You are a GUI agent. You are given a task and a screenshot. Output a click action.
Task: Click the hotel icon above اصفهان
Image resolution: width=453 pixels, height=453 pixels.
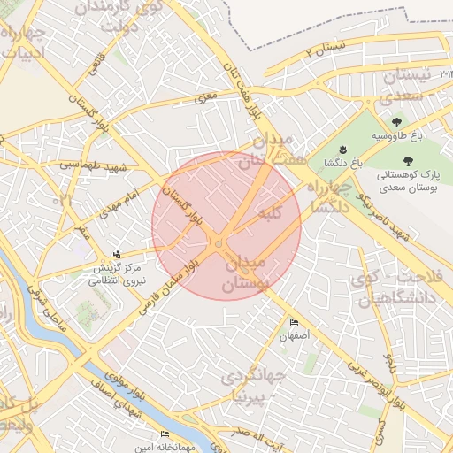coord(294,322)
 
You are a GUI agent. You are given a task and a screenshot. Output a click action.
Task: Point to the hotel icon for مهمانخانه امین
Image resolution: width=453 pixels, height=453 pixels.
coord(165,434)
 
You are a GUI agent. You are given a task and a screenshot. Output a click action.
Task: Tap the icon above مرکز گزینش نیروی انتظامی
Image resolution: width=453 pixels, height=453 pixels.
coord(118,255)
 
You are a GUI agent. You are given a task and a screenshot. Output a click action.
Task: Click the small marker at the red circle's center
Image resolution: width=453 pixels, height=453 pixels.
coord(219,242)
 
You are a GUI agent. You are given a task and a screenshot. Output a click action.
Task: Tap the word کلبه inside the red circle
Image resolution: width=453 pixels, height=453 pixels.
coord(269,214)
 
